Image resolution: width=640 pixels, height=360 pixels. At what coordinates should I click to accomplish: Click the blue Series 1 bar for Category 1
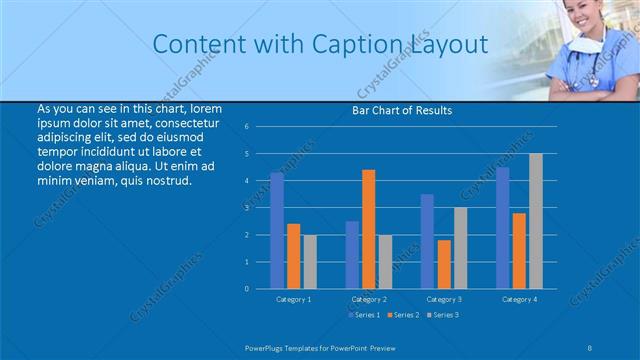coord(277,230)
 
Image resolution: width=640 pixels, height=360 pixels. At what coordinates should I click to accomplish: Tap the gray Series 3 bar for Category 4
coord(536,221)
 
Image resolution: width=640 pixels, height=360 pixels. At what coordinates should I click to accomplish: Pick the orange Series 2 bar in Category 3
coord(444,264)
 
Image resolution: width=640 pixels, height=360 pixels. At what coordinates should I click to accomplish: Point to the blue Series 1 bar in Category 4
coord(502,228)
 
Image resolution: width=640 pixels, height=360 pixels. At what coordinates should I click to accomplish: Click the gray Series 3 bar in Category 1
coord(310,261)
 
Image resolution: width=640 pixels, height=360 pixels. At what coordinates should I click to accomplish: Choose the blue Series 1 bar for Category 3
coord(427,241)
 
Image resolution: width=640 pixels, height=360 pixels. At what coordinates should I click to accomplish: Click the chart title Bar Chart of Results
coord(402,110)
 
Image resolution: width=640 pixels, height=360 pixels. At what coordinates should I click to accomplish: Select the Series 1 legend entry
coord(364,315)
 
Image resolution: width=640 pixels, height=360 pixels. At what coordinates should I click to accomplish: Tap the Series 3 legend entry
coord(443,315)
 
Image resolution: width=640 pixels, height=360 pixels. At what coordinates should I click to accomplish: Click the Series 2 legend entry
coord(403,315)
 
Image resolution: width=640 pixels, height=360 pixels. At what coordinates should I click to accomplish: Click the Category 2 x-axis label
coord(369,299)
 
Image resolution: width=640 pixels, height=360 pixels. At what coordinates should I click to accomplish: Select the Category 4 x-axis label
coord(519,299)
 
